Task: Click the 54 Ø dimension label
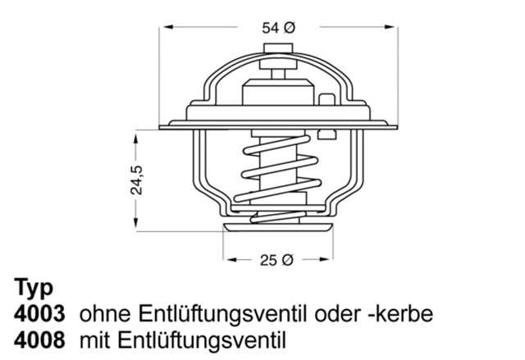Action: [x=279, y=28]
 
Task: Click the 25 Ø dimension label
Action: [x=276, y=261]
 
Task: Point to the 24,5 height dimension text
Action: [x=138, y=180]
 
